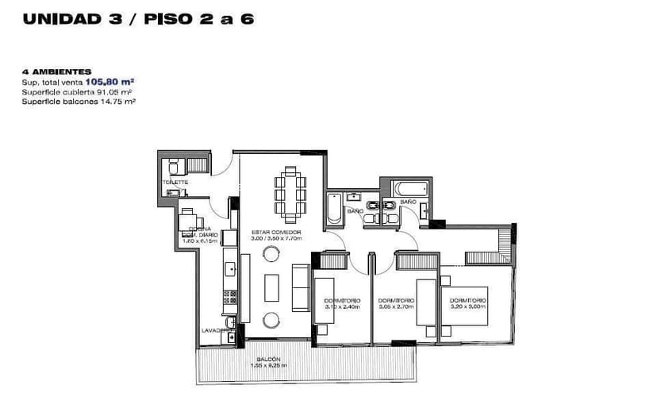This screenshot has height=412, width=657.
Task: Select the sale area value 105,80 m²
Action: click(x=109, y=81)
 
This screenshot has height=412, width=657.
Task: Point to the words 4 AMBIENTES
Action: click(x=56, y=71)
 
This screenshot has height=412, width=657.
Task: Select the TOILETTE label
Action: click(x=175, y=182)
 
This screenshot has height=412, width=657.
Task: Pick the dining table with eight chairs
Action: click(x=290, y=194)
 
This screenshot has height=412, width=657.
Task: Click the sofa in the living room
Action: click(x=302, y=287)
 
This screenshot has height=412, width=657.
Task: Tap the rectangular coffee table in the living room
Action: click(x=271, y=287)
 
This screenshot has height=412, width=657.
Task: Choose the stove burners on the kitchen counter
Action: click(x=230, y=297)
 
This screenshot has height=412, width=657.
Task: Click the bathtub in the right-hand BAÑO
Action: click(x=409, y=189)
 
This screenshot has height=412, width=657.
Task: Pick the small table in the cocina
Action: click(x=189, y=223)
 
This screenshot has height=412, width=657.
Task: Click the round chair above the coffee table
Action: click(x=271, y=253)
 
